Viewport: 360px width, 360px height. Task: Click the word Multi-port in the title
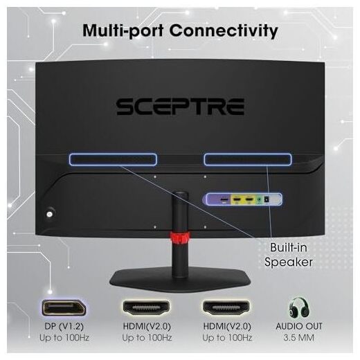tap(123, 30)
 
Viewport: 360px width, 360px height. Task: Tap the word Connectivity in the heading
tap(224, 30)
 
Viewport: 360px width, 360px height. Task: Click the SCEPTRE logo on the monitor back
tap(180, 107)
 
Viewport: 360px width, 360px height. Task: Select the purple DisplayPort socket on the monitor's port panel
tap(224, 199)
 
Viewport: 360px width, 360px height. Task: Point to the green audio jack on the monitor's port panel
tap(260, 199)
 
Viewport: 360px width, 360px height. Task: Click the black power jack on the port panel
tap(267, 199)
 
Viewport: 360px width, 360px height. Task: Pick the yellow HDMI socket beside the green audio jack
tap(249, 199)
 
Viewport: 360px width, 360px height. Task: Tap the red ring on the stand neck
tap(180, 239)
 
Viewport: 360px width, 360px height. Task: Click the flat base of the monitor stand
tap(180, 280)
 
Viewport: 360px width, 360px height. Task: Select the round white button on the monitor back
tap(49, 214)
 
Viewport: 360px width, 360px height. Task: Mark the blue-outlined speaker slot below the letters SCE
tap(113, 159)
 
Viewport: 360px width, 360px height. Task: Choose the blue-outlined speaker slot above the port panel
tap(248, 159)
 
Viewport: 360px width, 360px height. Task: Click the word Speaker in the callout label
tap(289, 262)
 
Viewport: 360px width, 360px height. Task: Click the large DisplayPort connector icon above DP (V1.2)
tap(64, 308)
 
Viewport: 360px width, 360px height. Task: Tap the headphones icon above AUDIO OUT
tap(299, 308)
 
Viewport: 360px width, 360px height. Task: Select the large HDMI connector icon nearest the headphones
tap(226, 308)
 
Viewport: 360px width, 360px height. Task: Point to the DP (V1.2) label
tap(64, 326)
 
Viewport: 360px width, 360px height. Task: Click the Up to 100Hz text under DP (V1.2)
tap(64, 338)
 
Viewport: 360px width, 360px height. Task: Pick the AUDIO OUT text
tap(299, 326)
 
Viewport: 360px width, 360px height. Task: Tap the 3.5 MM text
tap(299, 338)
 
